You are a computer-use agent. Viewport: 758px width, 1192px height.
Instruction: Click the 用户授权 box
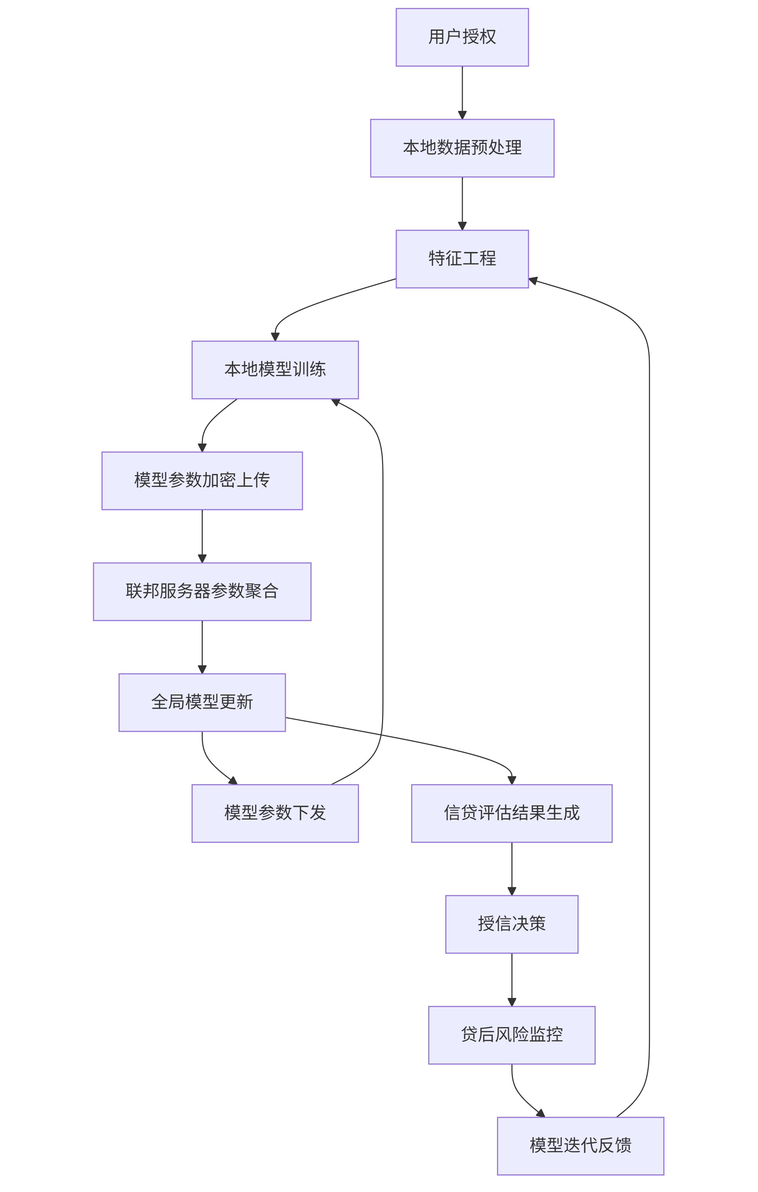462,37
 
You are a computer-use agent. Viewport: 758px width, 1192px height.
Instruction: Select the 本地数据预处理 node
462,148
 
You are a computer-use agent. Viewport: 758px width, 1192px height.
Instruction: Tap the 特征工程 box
462,259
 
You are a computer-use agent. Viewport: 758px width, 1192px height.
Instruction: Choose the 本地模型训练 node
275,370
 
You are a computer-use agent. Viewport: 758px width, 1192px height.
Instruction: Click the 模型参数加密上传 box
202,480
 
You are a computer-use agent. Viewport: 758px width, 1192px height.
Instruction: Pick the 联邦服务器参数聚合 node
202,591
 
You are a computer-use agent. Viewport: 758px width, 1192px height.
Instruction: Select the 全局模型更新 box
202,702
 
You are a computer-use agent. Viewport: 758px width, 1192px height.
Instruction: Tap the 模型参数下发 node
275,813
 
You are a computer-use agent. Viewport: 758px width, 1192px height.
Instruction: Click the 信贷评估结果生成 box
511,813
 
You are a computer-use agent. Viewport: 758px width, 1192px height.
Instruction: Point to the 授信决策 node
511,924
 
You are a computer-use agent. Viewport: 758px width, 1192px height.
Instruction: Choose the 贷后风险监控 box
511,1035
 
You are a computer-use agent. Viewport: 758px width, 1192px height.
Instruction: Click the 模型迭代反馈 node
580,1146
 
